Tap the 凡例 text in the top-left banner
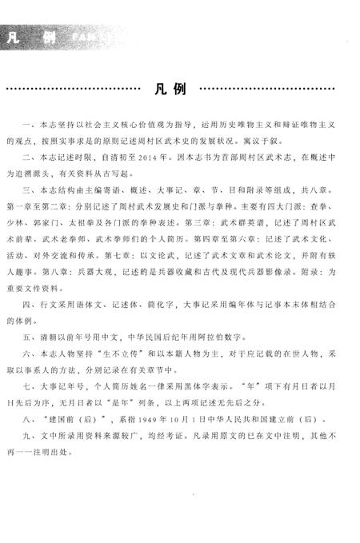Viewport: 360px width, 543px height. coord(27,37)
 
